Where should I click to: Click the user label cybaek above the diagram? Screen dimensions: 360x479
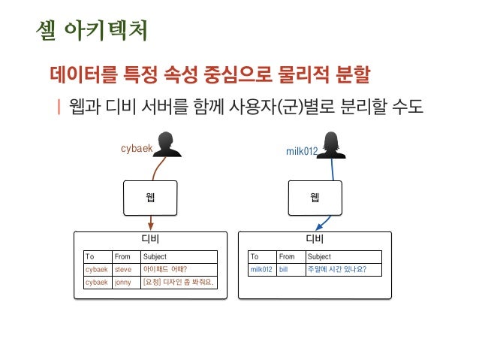[x=136, y=148]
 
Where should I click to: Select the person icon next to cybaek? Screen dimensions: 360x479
[x=169, y=144]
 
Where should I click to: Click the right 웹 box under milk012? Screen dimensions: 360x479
[x=315, y=198]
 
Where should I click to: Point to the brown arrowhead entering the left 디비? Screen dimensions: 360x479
[x=151, y=226]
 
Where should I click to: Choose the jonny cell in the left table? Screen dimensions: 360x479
[x=123, y=283]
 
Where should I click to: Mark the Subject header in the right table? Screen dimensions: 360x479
[x=319, y=256]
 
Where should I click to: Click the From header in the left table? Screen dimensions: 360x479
[x=122, y=256]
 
